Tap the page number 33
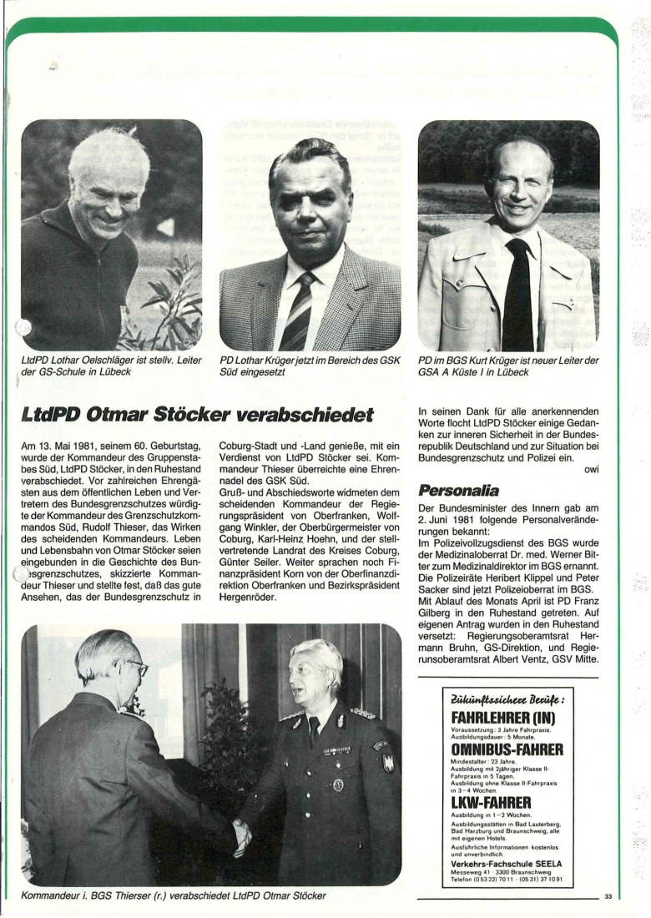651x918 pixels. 608,897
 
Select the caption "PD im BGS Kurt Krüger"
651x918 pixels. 507,366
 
